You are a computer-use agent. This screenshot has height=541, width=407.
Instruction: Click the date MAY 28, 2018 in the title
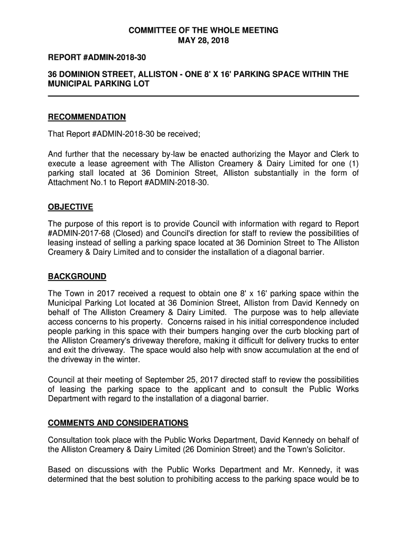pos(203,41)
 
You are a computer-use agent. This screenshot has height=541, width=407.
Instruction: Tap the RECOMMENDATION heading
pos(87,117)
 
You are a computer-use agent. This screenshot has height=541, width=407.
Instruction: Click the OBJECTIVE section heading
pos(70,207)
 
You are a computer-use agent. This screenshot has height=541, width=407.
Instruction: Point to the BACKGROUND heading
pos(77,276)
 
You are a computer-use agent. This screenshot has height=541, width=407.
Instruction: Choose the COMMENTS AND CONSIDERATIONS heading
pos(118,423)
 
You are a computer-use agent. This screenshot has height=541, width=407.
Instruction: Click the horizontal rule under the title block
pos(203,96)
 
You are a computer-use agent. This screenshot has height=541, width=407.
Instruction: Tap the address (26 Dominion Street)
pos(211,450)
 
